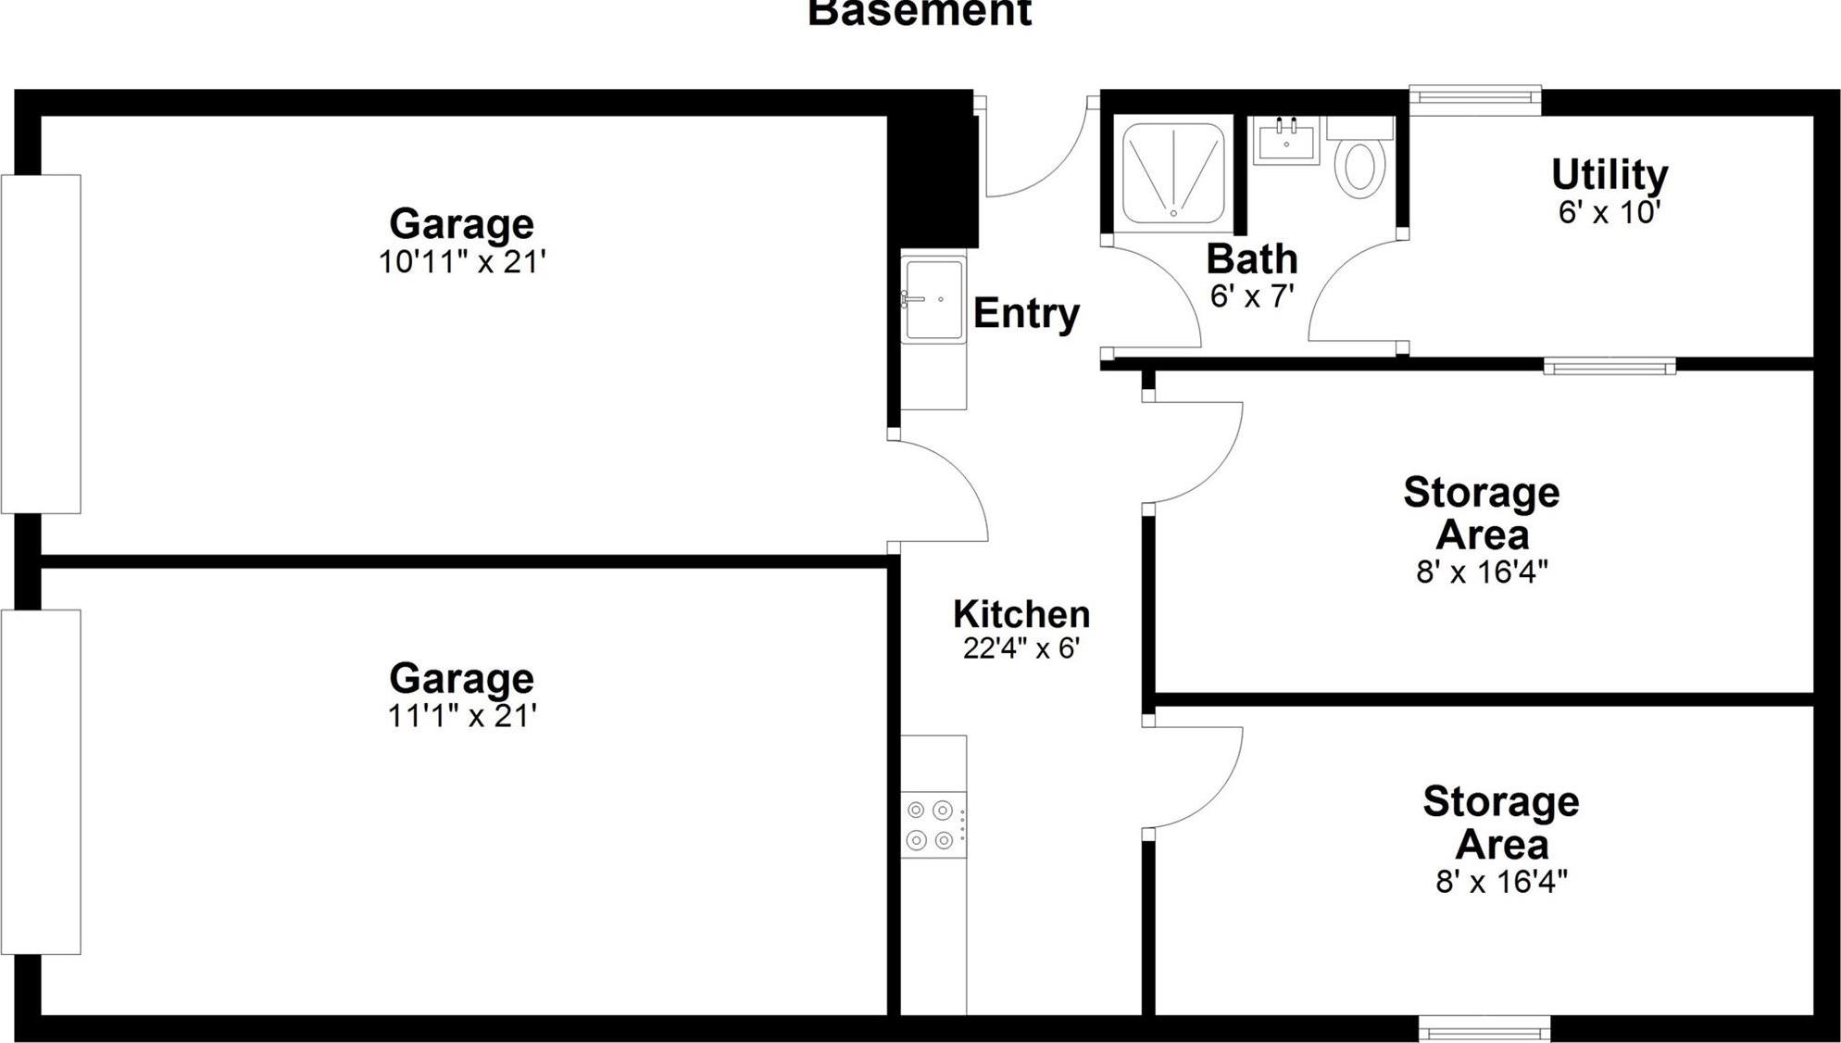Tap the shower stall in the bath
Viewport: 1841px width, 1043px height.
pyautogui.click(x=1173, y=172)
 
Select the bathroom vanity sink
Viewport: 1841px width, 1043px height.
pyautogui.click(x=1286, y=142)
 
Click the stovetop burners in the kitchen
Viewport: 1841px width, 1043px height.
pyautogui.click(x=931, y=824)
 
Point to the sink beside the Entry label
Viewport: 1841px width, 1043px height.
pyautogui.click(x=933, y=299)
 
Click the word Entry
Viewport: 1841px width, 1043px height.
pyautogui.click(x=1026, y=313)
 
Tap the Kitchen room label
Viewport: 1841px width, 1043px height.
pyautogui.click(x=1021, y=614)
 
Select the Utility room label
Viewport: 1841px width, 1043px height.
pyautogui.click(x=1609, y=174)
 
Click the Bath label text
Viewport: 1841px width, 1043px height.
pyautogui.click(x=1251, y=258)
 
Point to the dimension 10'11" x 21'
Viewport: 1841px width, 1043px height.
pyautogui.click(x=462, y=262)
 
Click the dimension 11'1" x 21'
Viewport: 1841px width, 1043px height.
pyautogui.click(x=462, y=716)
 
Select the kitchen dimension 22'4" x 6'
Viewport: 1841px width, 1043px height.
pyautogui.click(x=1021, y=648)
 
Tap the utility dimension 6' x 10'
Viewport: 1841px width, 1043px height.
pyautogui.click(x=1609, y=212)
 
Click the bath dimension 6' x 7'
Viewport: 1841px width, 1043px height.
pyautogui.click(x=1251, y=296)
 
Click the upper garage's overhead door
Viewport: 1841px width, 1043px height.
pyautogui.click(x=41, y=344)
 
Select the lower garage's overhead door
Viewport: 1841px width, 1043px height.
pyautogui.click(x=41, y=782)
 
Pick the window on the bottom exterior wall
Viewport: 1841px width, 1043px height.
pyautogui.click(x=1484, y=1028)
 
